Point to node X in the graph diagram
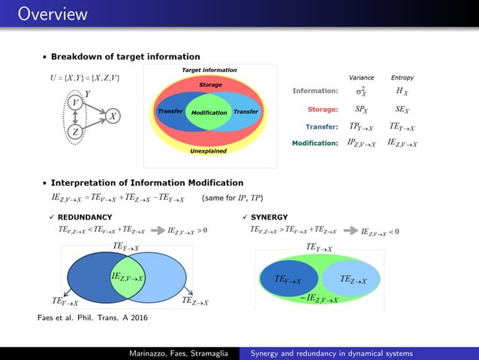[112, 116]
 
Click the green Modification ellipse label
[209, 113]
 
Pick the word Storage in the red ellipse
[210, 85]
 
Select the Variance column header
[362, 77]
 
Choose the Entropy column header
[402, 77]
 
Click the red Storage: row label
[319, 110]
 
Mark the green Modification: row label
[315, 143]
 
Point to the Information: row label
[315, 92]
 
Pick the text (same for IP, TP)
[232, 199]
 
